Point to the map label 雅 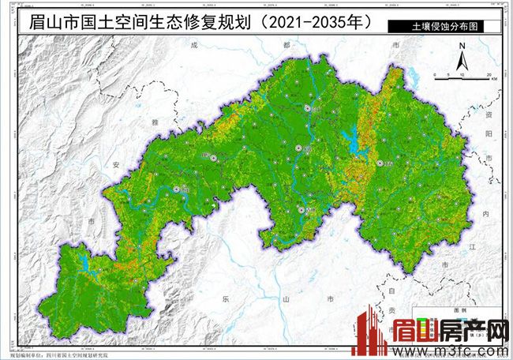coord(152,122)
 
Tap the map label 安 coord(117,165)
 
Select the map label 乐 coord(226,300)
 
